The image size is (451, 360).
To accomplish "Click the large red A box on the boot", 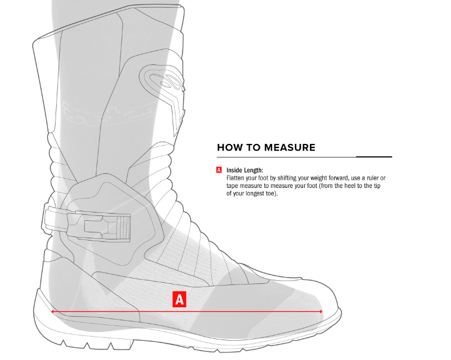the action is [x=179, y=299].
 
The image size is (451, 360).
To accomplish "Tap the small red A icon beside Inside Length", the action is [x=219, y=170].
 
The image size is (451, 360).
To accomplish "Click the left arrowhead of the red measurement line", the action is [x=53, y=311].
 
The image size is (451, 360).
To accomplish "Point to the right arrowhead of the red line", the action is [x=321, y=311].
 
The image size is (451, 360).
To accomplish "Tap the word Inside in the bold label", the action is [x=234, y=170].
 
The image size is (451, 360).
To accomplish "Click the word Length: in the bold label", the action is [x=253, y=170].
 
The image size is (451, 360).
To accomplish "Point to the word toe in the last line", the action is [x=271, y=193].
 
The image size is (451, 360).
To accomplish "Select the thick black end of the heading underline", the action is [x=374, y=157].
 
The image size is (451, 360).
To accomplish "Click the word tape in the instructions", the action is [x=232, y=186].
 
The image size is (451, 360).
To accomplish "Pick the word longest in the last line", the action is [x=254, y=193].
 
